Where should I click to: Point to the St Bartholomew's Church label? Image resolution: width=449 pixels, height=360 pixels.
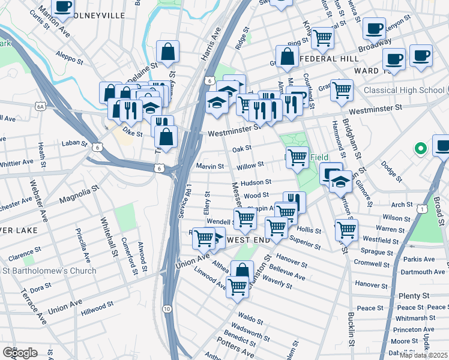pyautogui.click(x=48, y=271)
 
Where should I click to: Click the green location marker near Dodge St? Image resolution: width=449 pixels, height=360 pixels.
pyautogui.click(x=421, y=148)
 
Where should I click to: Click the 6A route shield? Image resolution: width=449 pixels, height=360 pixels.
pyautogui.click(x=41, y=106)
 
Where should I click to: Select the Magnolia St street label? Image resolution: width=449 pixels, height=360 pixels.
pyautogui.click(x=79, y=196)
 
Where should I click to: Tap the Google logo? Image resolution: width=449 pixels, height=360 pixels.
pyautogui.click(x=20, y=353)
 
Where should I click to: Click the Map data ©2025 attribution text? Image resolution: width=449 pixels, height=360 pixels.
pyautogui.click(x=424, y=355)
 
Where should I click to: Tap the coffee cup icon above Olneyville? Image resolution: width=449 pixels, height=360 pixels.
pyautogui.click(x=62, y=6)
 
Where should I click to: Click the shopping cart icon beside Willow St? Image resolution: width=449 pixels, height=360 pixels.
pyautogui.click(x=297, y=157)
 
